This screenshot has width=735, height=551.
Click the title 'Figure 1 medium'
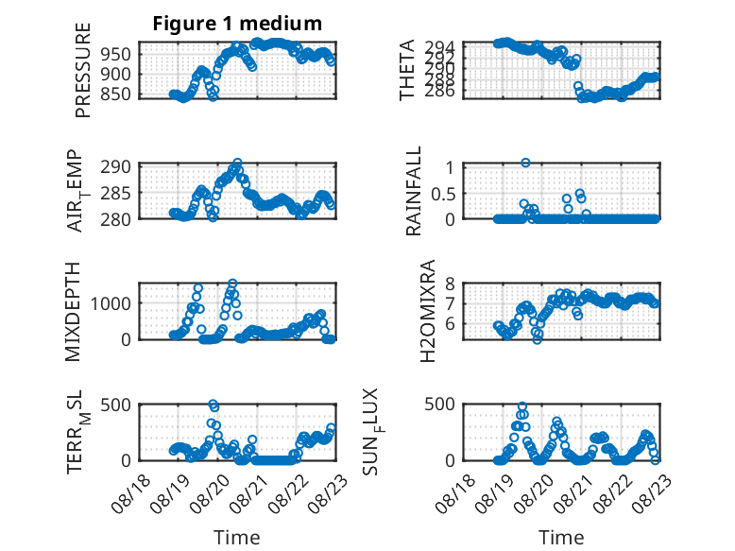[x=237, y=24]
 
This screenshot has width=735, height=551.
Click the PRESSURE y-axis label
[x=82, y=70]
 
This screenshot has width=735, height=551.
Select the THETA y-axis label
[x=407, y=70]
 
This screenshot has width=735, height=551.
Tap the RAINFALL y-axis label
[x=414, y=191]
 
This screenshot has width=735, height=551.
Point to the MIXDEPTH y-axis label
[x=73, y=312]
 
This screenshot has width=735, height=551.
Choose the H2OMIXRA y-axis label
[x=428, y=311]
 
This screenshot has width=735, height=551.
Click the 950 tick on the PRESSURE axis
[x=116, y=54]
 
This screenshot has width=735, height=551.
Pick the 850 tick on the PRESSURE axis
[x=116, y=94]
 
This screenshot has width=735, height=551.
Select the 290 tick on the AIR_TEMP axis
[x=116, y=167]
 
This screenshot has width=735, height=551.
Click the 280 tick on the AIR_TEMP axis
[x=116, y=219]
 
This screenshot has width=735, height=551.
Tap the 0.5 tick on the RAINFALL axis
[x=443, y=193]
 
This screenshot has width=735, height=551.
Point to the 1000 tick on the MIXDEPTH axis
[x=111, y=303]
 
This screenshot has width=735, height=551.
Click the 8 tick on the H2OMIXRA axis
[x=450, y=284]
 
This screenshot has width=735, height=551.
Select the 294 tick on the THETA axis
[x=439, y=47]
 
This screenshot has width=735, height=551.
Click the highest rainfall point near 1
[x=525, y=163]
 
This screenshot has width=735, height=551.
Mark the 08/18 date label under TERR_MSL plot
[x=131, y=493]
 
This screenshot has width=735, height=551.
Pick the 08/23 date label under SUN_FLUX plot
[x=653, y=493]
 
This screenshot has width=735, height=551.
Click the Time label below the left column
[x=237, y=537]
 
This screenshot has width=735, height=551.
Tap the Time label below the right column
[x=561, y=537]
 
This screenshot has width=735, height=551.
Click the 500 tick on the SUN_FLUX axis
[x=439, y=404]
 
